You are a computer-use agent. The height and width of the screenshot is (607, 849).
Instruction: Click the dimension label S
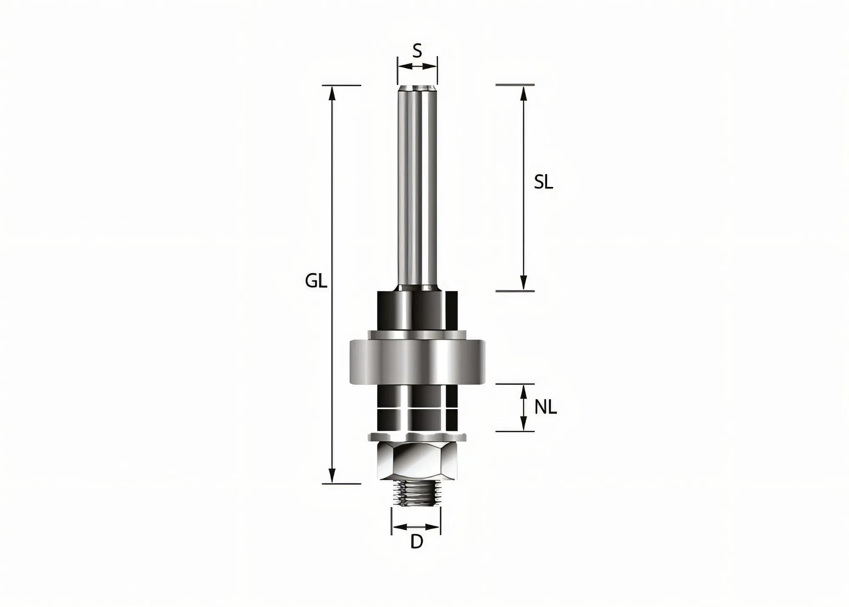417,51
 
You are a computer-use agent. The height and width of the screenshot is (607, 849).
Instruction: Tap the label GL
316,281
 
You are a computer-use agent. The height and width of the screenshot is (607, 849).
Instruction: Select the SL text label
543,183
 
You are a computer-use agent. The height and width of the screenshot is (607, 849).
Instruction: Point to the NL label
545,408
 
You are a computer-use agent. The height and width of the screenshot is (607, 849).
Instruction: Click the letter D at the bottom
417,542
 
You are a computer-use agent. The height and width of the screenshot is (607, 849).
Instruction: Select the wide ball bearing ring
417,361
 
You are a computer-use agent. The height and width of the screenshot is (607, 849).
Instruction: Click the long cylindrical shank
417,187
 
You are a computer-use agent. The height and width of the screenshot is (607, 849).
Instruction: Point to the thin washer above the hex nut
417,436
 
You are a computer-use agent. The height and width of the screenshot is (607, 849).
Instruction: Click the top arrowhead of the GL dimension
332,93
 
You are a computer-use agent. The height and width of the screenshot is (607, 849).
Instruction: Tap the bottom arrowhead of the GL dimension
332,476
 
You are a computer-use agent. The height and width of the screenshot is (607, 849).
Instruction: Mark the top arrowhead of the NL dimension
524,391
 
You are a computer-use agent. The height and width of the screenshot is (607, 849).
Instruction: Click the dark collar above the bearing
417,310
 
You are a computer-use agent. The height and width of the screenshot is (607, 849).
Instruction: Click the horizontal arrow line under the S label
417,66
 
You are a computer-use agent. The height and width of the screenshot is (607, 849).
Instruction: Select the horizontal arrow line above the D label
416,527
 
